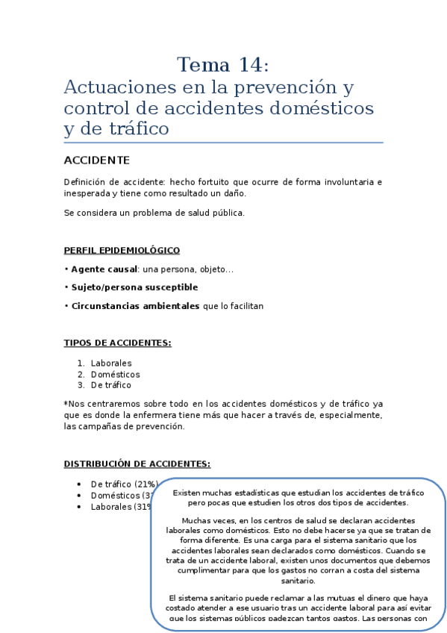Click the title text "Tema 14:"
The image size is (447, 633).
[x=223, y=65]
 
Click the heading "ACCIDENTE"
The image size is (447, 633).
[x=97, y=160]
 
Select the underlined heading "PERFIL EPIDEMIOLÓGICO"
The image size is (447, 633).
[x=122, y=250]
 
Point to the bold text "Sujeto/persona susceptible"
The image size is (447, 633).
[x=134, y=287]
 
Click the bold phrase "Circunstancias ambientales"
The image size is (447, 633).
[x=135, y=306]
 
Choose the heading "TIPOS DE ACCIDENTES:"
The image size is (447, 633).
[x=117, y=343]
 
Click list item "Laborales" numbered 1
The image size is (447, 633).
[x=111, y=364]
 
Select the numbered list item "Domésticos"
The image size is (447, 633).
[x=115, y=375]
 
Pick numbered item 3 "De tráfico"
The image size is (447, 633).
[x=110, y=385]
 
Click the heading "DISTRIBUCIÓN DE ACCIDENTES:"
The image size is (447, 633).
[x=137, y=464]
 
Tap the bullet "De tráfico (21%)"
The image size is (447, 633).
[x=124, y=484]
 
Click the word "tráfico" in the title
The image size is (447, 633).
[x=137, y=129]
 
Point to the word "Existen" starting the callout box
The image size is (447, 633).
[x=187, y=493]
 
